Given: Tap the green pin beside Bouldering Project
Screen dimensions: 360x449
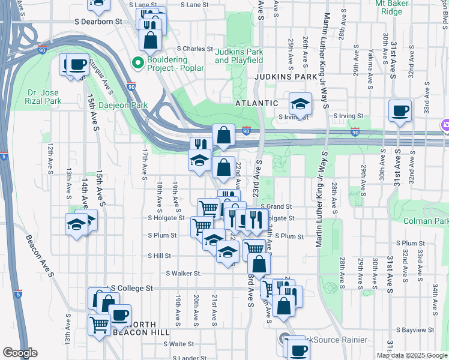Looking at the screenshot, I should [x=137, y=62].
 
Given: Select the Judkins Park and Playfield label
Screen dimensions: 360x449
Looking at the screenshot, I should [x=239, y=56].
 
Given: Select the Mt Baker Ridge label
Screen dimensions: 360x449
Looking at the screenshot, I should [x=397, y=7].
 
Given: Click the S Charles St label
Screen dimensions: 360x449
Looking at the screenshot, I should [x=194, y=49].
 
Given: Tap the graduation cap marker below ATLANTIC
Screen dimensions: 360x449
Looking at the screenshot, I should [x=300, y=104].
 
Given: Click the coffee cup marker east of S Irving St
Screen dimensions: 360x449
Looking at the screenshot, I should [x=400, y=111].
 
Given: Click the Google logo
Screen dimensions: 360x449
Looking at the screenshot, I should [x=20, y=353].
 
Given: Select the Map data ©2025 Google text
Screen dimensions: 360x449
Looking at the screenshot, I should [x=412, y=355].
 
